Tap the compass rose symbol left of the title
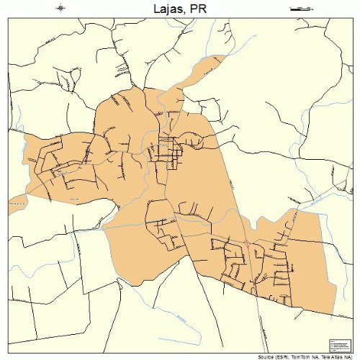click(60, 8)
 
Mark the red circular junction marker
click(246, 243)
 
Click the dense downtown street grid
click(166, 150)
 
